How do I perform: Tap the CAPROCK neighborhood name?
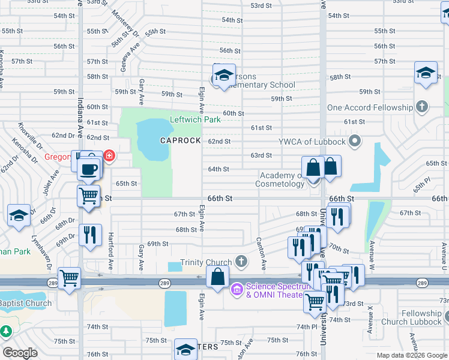click(x=180, y=140)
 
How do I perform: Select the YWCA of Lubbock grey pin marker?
click(x=355, y=142)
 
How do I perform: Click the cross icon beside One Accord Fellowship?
click(x=422, y=107)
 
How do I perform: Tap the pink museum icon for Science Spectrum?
click(x=237, y=290)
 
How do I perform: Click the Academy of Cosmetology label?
click(x=282, y=179)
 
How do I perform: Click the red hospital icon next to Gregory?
click(x=109, y=157)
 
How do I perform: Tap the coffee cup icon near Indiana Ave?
click(x=90, y=169)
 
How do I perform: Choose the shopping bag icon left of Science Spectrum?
click(x=218, y=277)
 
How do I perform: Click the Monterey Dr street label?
click(x=125, y=25)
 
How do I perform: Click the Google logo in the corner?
click(x=20, y=353)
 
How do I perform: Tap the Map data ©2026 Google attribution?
click(x=411, y=355)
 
